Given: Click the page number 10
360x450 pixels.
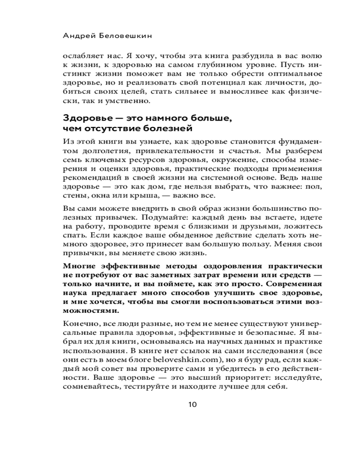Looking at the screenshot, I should coord(192,404).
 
